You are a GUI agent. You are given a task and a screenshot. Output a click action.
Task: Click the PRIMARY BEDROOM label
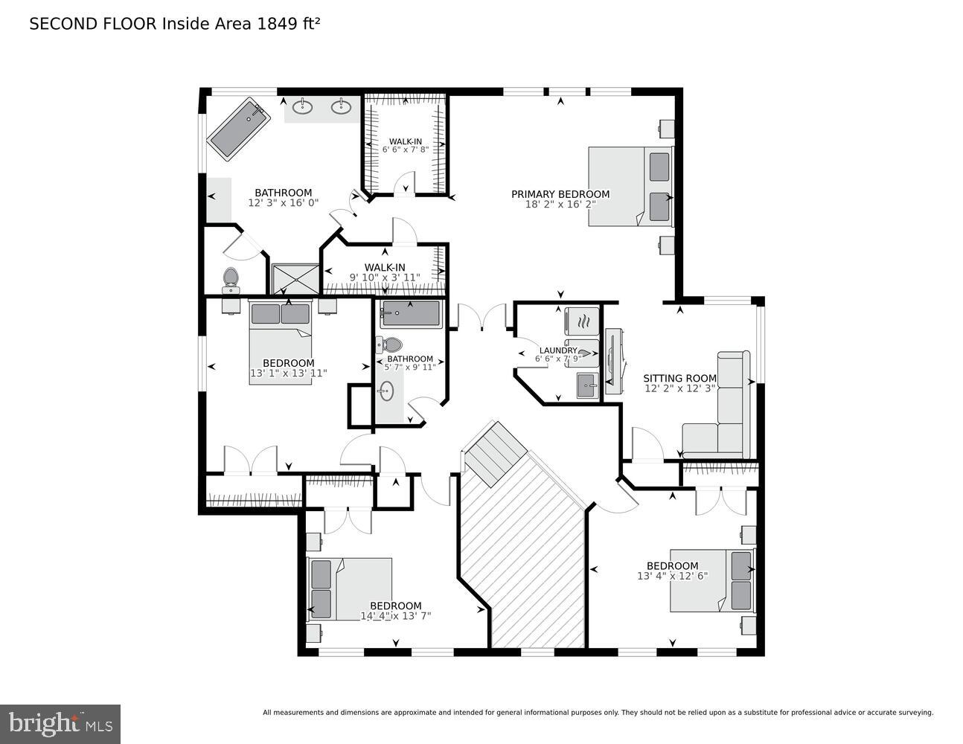[560, 195]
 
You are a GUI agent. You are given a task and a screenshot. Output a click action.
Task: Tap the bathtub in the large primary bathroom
[237, 131]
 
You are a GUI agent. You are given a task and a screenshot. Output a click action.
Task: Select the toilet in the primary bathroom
[230, 278]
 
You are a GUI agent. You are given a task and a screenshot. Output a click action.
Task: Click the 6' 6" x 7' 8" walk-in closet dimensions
[406, 150]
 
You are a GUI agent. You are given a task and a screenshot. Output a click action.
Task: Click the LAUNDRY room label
[558, 350]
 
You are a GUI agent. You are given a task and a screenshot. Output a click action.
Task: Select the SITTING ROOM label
[679, 378]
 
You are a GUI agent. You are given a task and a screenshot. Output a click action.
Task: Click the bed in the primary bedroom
[630, 187]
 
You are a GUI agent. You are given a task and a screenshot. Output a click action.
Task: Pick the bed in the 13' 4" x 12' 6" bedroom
[711, 581]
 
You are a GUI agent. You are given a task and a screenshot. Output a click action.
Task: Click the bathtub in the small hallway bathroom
[411, 314]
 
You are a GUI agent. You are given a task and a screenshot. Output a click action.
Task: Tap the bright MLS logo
[60, 723]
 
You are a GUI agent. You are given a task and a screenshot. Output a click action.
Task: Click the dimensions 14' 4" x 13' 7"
[395, 616]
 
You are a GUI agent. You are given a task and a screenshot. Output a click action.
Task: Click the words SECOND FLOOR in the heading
[92, 23]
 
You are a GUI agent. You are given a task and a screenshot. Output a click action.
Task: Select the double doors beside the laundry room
[483, 318]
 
